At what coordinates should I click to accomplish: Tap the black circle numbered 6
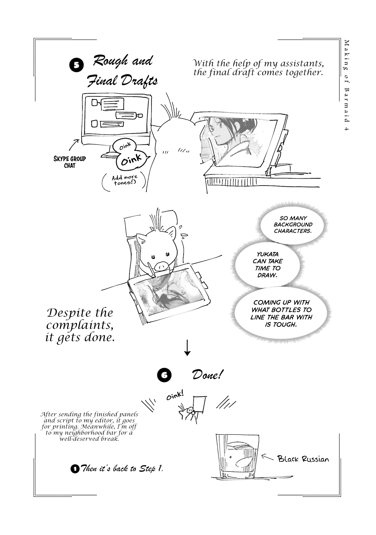(164, 375)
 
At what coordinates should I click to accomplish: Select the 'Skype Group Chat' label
(70, 162)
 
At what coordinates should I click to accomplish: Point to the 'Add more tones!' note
(124, 180)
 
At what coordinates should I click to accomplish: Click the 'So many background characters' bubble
(293, 225)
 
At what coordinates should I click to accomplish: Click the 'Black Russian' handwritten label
(303, 459)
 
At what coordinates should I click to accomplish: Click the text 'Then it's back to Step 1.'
(121, 469)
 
